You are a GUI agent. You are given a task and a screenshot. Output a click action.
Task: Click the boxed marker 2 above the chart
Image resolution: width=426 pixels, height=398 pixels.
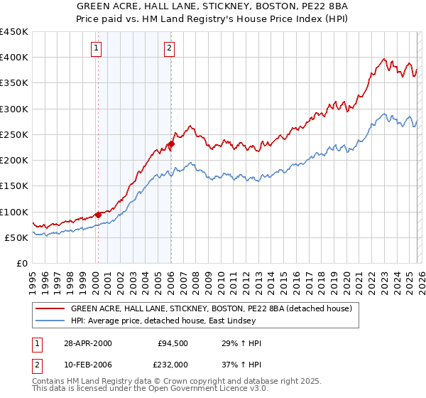click(x=170, y=48)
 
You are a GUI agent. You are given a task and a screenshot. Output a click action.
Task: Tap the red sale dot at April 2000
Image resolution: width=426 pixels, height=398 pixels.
click(x=98, y=214)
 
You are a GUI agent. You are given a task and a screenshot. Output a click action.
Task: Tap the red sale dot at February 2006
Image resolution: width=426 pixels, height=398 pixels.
click(x=171, y=144)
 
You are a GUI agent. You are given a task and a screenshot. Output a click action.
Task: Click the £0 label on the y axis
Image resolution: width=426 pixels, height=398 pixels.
click(x=21, y=263)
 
